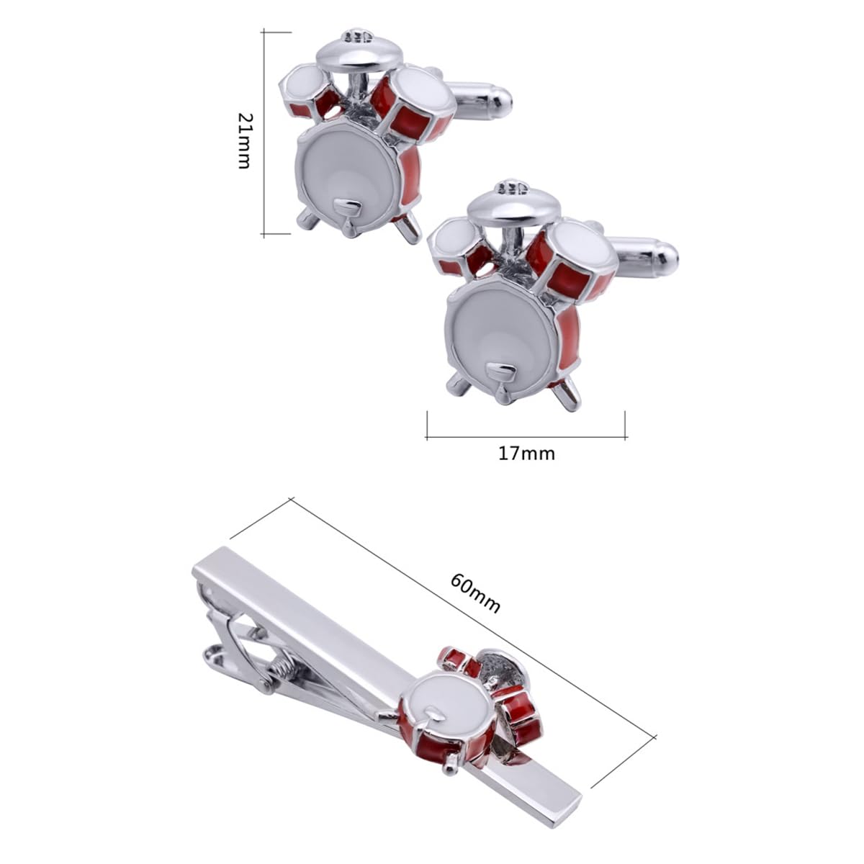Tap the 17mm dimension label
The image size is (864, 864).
pos(526,454)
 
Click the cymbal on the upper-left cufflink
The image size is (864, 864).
pos(359,56)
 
